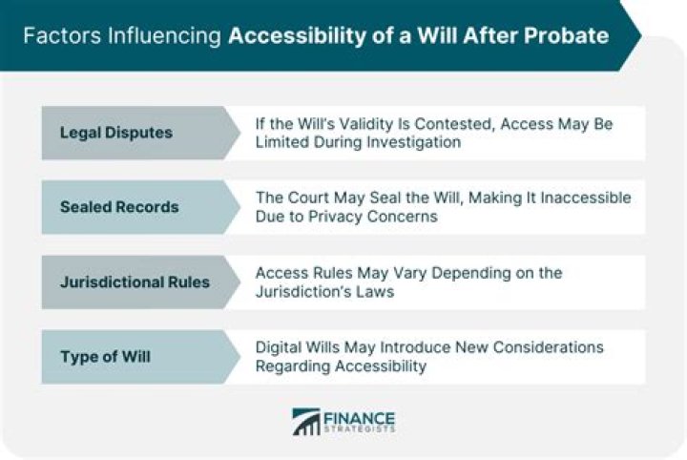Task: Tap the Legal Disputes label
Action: point(116,133)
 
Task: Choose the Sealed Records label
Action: point(119,207)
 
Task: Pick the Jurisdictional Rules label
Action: point(135,282)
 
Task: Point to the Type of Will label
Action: point(105,357)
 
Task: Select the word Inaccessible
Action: point(586,198)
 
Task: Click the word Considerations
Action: point(548,347)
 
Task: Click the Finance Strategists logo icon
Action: point(306,422)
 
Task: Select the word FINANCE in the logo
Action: point(360,418)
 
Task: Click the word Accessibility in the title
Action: point(297,36)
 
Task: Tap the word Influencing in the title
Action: point(164,36)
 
